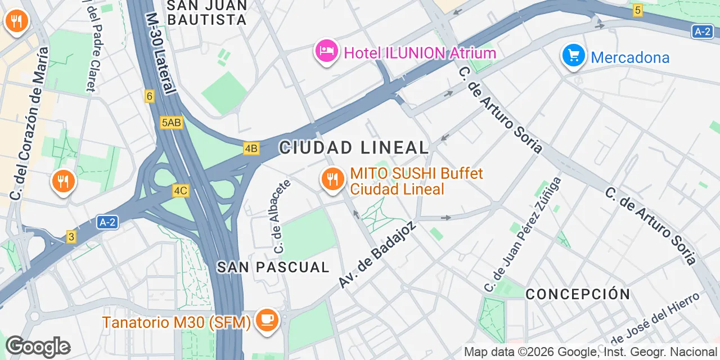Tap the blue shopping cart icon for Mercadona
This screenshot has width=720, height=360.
point(573,56)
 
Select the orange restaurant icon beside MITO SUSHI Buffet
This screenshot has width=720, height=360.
point(333,179)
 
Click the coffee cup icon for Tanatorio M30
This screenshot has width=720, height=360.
point(267,320)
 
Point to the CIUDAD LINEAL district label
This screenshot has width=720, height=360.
point(354,148)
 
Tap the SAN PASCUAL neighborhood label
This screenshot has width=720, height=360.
point(273,267)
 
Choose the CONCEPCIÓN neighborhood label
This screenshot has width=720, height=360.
point(578,294)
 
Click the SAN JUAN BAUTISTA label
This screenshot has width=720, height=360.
point(208,12)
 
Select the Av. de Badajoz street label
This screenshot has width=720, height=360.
point(377,254)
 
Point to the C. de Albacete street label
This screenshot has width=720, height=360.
point(281,215)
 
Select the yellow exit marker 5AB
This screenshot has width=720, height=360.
point(172,123)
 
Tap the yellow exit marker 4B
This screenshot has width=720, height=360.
point(251,149)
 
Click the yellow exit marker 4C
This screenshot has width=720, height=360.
point(180,191)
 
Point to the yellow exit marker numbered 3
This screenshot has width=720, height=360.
point(71,237)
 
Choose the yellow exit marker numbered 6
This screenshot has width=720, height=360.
point(149,96)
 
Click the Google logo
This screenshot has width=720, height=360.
point(38,346)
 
